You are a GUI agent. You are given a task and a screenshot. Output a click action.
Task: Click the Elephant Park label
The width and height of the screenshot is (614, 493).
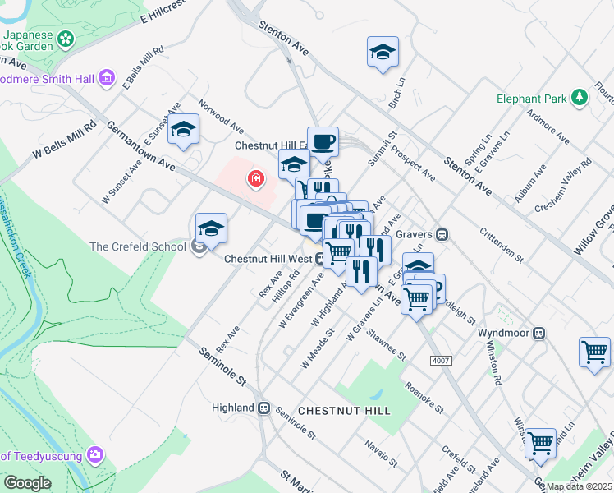coord(532,99)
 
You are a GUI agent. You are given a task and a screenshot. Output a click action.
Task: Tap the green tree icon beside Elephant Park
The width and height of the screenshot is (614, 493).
coord(580,99)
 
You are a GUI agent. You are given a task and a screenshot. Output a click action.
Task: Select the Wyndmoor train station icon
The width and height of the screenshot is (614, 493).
coord(540,333)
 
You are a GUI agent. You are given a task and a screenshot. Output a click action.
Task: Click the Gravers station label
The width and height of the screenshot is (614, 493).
coord(415,234)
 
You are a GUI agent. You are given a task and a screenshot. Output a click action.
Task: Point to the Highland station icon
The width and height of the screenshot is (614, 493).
coord(264,408)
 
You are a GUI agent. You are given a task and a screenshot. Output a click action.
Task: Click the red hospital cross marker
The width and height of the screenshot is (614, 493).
coord(256,178)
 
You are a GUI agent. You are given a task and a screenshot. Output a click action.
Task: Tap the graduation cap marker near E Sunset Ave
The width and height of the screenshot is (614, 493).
coord(185,129)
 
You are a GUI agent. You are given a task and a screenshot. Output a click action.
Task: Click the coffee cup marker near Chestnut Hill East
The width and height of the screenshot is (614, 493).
coord(323,141)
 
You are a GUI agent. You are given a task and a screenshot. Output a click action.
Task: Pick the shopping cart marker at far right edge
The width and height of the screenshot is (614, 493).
coord(594,352)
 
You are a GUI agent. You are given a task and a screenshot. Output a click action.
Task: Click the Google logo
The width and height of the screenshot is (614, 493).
coord(27,482)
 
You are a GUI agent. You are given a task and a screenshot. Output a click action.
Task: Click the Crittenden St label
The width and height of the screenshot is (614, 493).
coord(502,245)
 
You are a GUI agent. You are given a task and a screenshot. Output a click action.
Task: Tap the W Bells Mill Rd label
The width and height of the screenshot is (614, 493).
coord(65,141)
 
